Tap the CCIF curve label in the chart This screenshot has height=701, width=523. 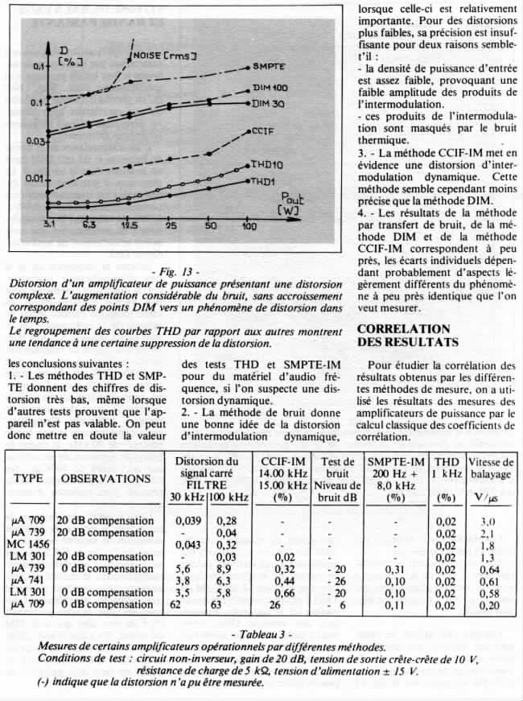pyautogui.click(x=265, y=130)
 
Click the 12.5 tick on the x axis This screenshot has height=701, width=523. pyautogui.click(x=127, y=228)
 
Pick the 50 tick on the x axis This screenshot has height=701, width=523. pyautogui.click(x=210, y=228)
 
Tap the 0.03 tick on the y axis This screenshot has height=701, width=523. pyautogui.click(x=35, y=142)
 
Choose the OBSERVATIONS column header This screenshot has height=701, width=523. pyautogui.click(x=109, y=478)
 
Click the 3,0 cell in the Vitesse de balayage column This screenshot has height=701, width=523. pyautogui.click(x=488, y=522)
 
